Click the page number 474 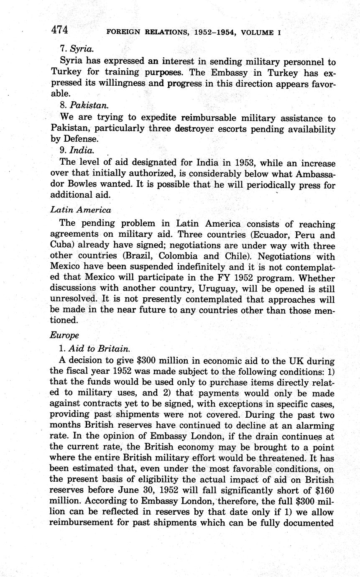coord(59,30)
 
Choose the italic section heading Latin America coord(81,210)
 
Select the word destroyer coord(198,129)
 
